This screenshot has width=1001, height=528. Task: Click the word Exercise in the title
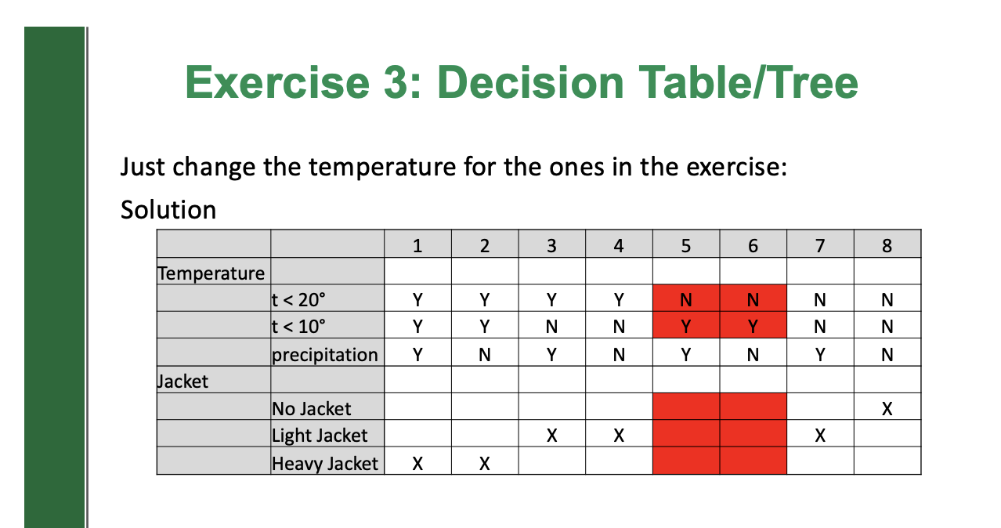pyautogui.click(x=269, y=82)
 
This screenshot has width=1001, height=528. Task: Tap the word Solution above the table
pyautogui.click(x=168, y=209)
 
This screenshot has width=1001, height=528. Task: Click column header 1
pyautogui.click(x=417, y=246)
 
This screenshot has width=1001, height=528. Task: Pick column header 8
pyautogui.click(x=887, y=246)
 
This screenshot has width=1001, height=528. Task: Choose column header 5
pyautogui.click(x=685, y=246)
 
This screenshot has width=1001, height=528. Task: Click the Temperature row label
pyautogui.click(x=211, y=273)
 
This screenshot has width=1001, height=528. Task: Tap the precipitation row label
pyautogui.click(x=325, y=354)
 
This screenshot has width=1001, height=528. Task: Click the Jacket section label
pyautogui.click(x=183, y=382)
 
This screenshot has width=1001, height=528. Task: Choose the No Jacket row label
pyautogui.click(x=312, y=408)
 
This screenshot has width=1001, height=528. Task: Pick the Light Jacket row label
pyautogui.click(x=320, y=436)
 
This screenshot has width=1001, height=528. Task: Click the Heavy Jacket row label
pyautogui.click(x=325, y=463)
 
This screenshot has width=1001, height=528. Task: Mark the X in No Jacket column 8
pyautogui.click(x=887, y=408)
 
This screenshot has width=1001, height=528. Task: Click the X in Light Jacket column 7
pyautogui.click(x=820, y=436)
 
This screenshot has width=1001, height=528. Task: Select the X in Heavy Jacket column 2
pyautogui.click(x=485, y=463)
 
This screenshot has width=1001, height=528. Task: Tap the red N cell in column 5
pyautogui.click(x=685, y=299)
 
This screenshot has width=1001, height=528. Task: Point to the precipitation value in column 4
pyautogui.click(x=619, y=354)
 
